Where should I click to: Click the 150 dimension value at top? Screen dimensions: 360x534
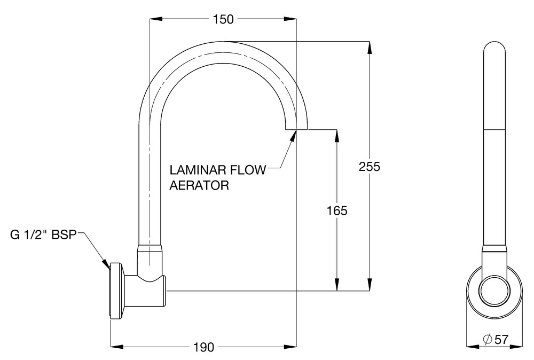click(x=223, y=19)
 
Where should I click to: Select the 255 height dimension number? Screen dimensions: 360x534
click(x=369, y=167)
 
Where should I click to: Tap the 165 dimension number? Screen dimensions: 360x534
click(x=336, y=210)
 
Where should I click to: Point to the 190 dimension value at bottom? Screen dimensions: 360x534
click(x=203, y=348)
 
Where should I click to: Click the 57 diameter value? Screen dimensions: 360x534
click(x=501, y=339)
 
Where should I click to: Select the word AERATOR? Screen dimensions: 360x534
click(x=199, y=185)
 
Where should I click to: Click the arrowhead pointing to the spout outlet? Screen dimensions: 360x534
click(x=294, y=135)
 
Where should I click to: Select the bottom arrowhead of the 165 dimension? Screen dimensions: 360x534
click(x=336, y=285)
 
